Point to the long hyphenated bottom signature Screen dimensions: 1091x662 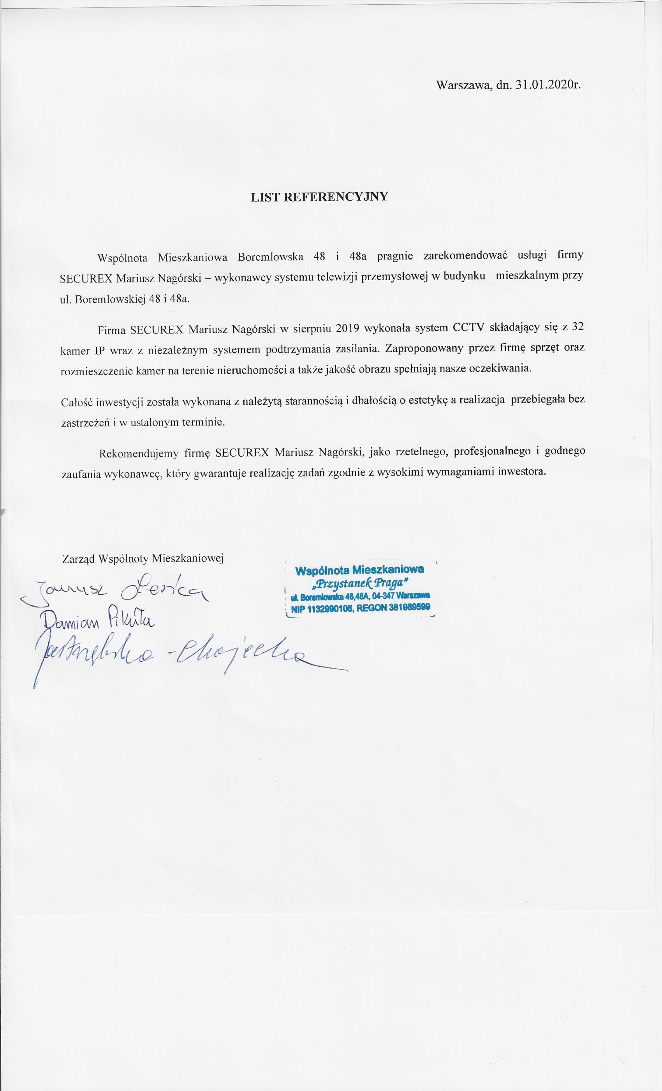point(177,660)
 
